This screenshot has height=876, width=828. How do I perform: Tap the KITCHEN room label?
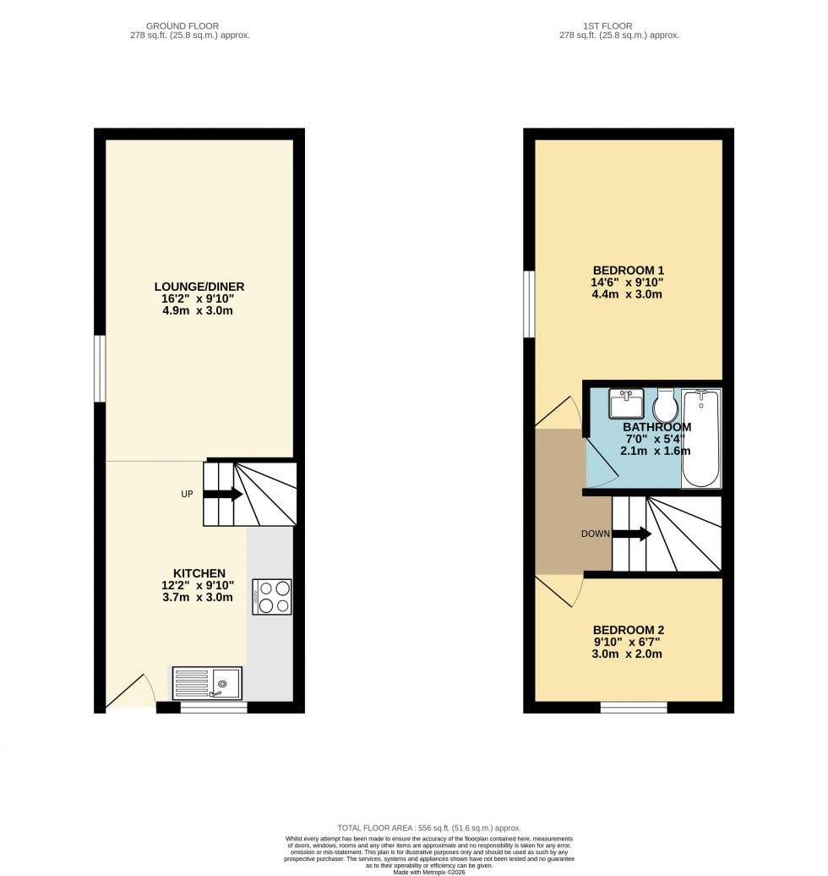pyautogui.click(x=199, y=573)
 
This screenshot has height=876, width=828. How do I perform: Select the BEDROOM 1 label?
pyautogui.click(x=626, y=271)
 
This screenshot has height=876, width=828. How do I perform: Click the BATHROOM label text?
pyautogui.click(x=656, y=427)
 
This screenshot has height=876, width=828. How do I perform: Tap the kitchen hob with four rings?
pyautogui.click(x=271, y=596)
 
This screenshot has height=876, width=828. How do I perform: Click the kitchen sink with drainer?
pyautogui.click(x=207, y=683)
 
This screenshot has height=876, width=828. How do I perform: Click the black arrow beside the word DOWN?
pyautogui.click(x=631, y=534)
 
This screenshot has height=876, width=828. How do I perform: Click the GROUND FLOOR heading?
pyautogui.click(x=198, y=26)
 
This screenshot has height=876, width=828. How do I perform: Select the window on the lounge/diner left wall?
pyautogui.click(x=100, y=369)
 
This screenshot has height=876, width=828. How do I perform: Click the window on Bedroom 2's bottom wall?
pyautogui.click(x=633, y=707)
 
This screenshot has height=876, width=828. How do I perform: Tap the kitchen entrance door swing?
pyautogui.click(x=129, y=689)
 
